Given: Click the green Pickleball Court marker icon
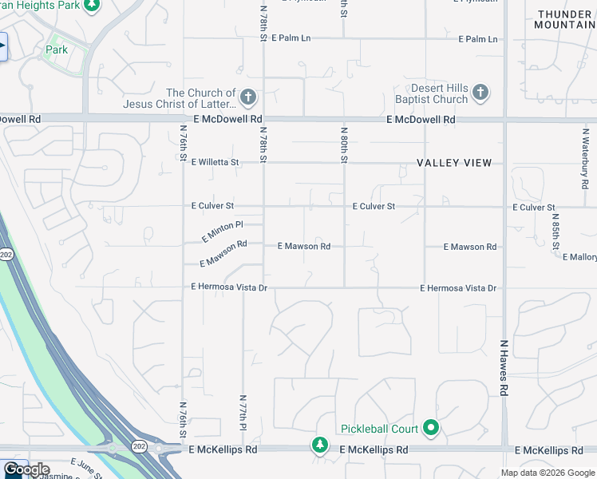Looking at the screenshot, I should point(431,429).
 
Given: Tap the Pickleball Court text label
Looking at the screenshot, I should point(378,430).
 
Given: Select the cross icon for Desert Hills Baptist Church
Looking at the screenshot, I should point(480,93).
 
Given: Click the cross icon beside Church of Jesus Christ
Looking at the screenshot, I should point(247,98).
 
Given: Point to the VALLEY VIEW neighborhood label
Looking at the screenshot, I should point(454,163).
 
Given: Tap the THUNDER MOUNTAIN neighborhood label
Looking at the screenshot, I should point(565,20).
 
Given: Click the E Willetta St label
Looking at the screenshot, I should point(215,162).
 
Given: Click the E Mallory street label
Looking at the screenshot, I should point(579,257).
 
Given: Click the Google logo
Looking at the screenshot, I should point(26,469).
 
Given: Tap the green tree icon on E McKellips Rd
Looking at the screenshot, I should point(319,443).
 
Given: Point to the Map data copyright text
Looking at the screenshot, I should point(547,473).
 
